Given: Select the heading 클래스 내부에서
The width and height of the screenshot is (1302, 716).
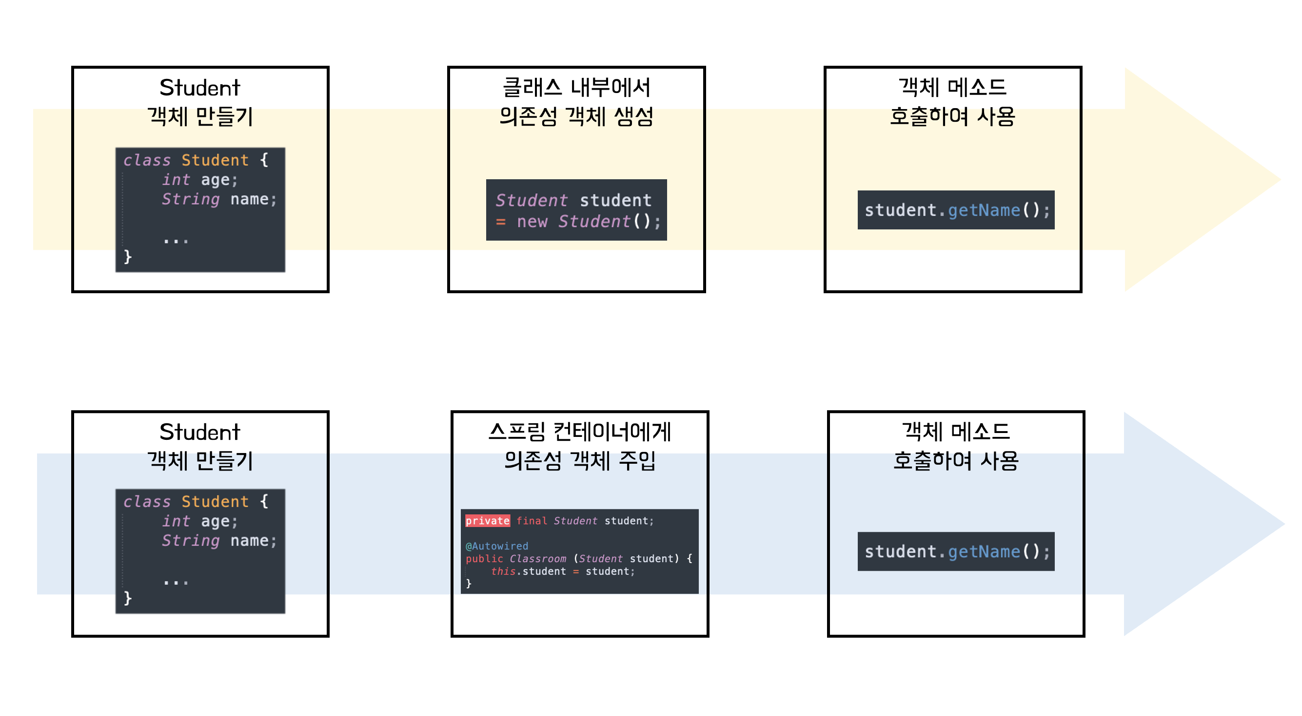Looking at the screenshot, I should pyautogui.click(x=576, y=87).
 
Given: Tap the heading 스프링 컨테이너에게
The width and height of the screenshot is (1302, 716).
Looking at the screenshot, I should pyautogui.click(x=580, y=432).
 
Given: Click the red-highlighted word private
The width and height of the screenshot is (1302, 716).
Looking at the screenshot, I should pyautogui.click(x=487, y=521).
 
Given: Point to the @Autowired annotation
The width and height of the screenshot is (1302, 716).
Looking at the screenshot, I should pyautogui.click(x=496, y=546).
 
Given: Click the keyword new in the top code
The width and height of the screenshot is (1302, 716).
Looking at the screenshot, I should pyautogui.click(x=532, y=222).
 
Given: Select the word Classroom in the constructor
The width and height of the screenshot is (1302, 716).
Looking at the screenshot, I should pyautogui.click(x=538, y=559).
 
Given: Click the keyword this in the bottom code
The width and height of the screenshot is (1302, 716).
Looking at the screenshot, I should pyautogui.click(x=503, y=571).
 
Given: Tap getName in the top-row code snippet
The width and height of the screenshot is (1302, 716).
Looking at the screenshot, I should pyautogui.click(x=984, y=210).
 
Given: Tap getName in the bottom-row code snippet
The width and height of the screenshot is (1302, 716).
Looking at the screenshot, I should pyautogui.click(x=984, y=551).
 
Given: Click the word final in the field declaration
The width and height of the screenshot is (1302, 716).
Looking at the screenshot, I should pyautogui.click(x=531, y=521).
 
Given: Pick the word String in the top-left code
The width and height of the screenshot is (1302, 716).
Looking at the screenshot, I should pyautogui.click(x=191, y=199).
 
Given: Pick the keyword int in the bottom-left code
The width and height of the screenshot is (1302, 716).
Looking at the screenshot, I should pyautogui.click(x=176, y=521).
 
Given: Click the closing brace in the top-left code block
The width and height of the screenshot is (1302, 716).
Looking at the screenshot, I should pyautogui.click(x=127, y=257).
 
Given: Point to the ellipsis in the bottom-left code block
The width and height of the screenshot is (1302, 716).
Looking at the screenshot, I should pyautogui.click(x=176, y=582).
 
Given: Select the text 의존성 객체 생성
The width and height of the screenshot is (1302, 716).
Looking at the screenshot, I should pyautogui.click(x=576, y=116).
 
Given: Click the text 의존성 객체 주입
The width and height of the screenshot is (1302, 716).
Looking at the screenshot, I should pyautogui.click(x=580, y=460).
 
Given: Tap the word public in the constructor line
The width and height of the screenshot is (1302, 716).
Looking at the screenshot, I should pyautogui.click(x=484, y=559).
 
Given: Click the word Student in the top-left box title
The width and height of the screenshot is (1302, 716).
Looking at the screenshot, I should pyautogui.click(x=199, y=87).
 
